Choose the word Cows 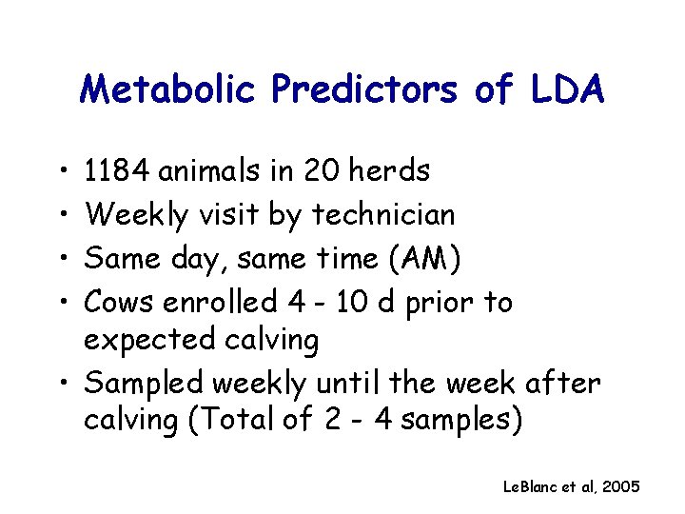tap(121, 303)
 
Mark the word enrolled tap(221, 303)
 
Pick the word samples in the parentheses tap(460, 421)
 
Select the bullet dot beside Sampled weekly tap(60, 385)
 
